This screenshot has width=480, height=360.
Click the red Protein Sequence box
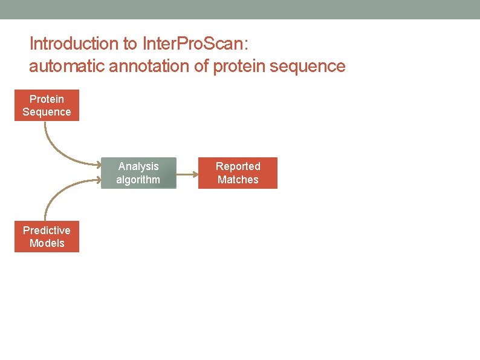tap(47, 105)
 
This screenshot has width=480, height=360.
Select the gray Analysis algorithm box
tap(138, 173)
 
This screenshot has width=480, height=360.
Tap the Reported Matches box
tap(238, 173)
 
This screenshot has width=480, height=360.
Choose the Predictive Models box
tap(47, 237)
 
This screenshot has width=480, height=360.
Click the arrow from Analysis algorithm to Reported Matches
tap(187, 174)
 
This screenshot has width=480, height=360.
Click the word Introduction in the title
tap(66, 44)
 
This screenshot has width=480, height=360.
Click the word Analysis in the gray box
tap(138, 166)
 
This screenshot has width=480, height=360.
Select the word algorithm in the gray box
tap(138, 180)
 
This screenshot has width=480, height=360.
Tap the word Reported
tap(238, 166)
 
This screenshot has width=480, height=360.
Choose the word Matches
tap(238, 180)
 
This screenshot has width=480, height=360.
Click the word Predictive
tap(47, 230)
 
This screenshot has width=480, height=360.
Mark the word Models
tap(47, 243)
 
